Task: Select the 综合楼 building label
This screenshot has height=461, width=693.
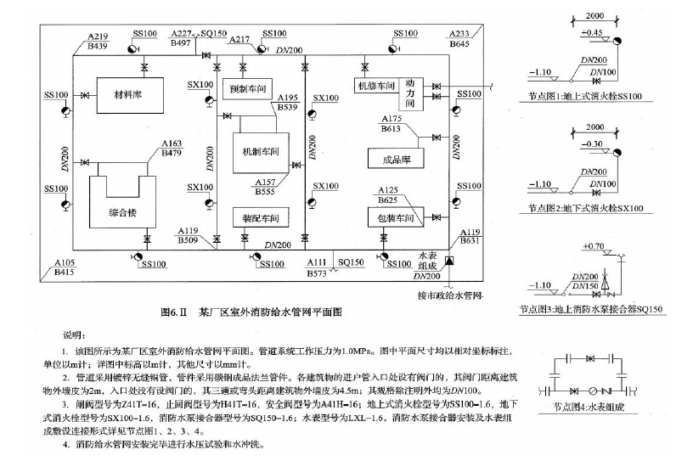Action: (125, 210)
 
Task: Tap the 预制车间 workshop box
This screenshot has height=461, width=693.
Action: (251, 87)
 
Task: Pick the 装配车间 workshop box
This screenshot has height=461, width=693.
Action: (256, 218)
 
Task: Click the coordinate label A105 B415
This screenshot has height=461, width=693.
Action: (65, 268)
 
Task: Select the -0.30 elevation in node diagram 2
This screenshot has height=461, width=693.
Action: (592, 143)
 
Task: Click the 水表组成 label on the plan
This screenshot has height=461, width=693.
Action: (432, 259)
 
